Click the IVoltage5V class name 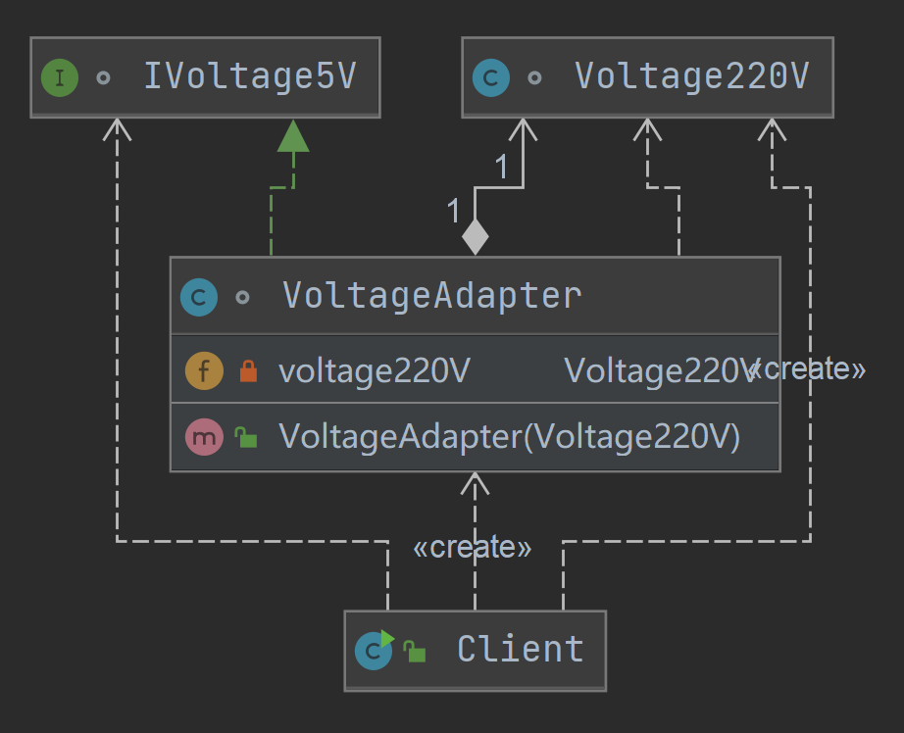coord(249,76)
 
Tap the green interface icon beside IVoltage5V coord(59,77)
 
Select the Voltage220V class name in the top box coord(691,76)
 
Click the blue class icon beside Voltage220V coord(490,77)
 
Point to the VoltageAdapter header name coord(431,295)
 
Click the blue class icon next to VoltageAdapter coord(199,297)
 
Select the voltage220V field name coord(375,370)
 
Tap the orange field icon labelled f coord(203,370)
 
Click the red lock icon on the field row coord(248,370)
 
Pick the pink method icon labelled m coord(203,437)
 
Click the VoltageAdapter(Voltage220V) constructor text coord(509,437)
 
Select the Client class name coord(520,649)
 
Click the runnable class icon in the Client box coord(374,650)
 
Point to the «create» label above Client coord(473,547)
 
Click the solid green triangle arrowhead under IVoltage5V coord(292,137)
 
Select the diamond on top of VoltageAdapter coord(475,236)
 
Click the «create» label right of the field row coord(807,368)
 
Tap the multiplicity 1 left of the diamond coord(453,211)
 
